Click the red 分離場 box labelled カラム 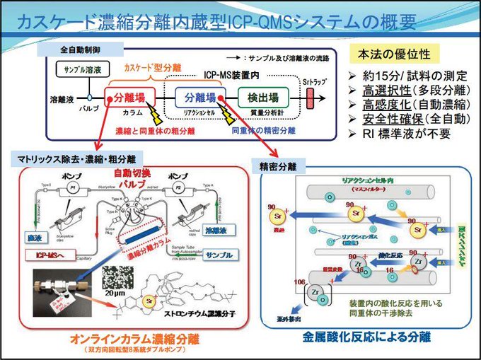(129, 98)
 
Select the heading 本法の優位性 (398, 54)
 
